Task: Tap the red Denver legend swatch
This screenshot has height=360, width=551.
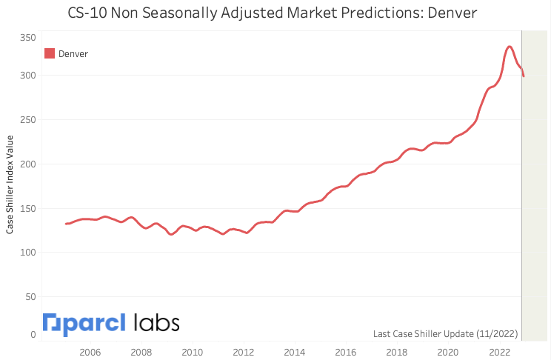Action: pyautogui.click(x=50, y=53)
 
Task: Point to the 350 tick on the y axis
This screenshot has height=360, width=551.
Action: pyautogui.click(x=27, y=37)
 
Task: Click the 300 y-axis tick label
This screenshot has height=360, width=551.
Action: pyautogui.click(x=27, y=75)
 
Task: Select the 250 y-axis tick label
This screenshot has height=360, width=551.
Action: pyautogui.click(x=27, y=119)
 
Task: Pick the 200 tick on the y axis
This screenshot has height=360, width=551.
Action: pyautogui.click(x=27, y=164)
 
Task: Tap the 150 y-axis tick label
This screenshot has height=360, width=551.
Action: pyautogui.click(x=27, y=208)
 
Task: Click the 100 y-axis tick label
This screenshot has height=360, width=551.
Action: pyautogui.click(x=27, y=253)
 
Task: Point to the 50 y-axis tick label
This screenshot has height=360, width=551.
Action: pyautogui.click(x=30, y=297)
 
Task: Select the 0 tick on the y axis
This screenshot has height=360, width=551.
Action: pyautogui.click(x=33, y=334)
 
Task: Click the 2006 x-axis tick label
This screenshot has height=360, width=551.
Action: pyautogui.click(x=90, y=352)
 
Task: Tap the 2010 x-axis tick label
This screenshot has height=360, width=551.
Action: pyautogui.click(x=192, y=352)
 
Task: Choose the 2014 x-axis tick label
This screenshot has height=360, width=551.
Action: pyautogui.click(x=294, y=352)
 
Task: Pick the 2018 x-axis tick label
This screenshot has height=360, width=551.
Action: pyautogui.click(x=396, y=352)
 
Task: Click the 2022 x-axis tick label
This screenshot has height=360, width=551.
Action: pyautogui.click(x=498, y=352)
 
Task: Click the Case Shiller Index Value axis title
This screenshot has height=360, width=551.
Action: pyautogui.click(x=10, y=184)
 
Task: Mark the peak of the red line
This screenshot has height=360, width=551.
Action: pyautogui.click(x=509, y=47)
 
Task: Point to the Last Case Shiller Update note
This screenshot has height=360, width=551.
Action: pyautogui.click(x=445, y=333)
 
